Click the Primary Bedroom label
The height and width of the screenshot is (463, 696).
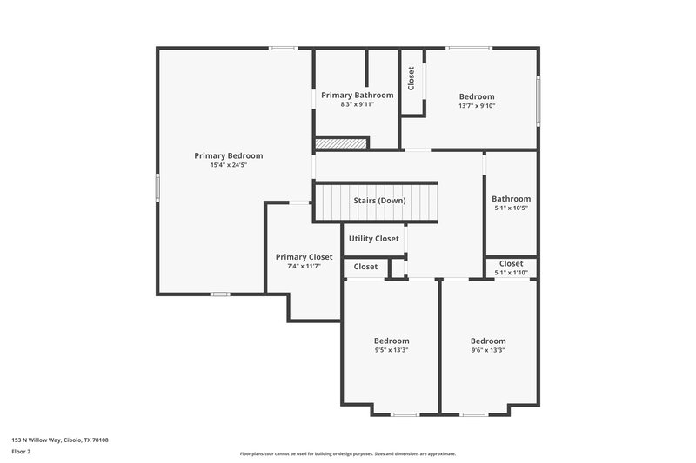point(228,155)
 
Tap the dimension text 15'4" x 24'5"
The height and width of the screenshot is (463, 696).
point(228,165)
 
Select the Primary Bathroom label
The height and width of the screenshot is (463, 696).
point(357,95)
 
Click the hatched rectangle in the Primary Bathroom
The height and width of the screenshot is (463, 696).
point(331,142)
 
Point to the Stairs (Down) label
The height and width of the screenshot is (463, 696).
point(379,201)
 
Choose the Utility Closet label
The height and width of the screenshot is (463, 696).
point(374,239)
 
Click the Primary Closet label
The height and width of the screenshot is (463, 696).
point(304,257)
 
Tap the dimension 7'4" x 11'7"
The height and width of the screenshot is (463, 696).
point(304,267)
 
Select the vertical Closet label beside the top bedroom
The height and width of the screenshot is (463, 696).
point(412,79)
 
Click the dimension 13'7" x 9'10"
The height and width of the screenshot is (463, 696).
point(477,106)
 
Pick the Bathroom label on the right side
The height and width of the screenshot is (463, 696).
point(511,199)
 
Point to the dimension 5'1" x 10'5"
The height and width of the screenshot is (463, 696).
point(511,208)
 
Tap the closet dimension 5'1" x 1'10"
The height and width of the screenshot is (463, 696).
point(511,273)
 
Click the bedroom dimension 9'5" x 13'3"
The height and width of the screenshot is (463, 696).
point(391,351)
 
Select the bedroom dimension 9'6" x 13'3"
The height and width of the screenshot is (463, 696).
point(488,351)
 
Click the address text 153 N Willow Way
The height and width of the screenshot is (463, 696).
point(60,440)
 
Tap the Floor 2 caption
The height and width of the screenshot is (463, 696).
point(22,452)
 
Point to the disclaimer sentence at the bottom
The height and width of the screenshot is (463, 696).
point(347,453)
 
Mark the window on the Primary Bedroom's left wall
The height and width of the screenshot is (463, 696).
point(157,187)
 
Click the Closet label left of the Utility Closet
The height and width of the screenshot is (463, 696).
point(366,267)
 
